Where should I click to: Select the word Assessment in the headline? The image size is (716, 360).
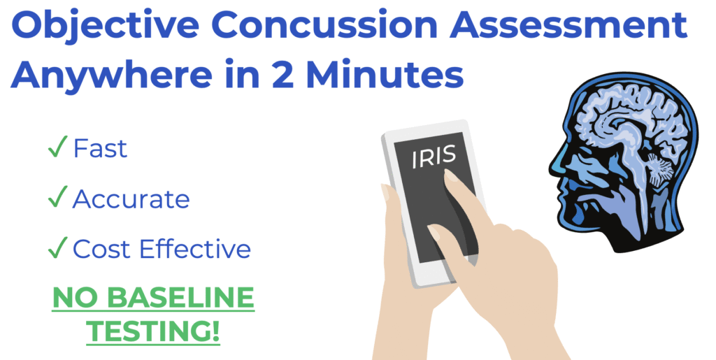568,25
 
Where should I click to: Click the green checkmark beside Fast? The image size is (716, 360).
58,147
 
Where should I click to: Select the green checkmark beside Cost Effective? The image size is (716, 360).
58,247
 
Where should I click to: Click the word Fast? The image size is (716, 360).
100,148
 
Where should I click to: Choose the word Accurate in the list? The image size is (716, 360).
131,199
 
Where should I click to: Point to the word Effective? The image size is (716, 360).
195,249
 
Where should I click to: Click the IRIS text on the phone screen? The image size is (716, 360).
434,157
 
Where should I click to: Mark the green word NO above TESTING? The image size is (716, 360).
69,298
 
